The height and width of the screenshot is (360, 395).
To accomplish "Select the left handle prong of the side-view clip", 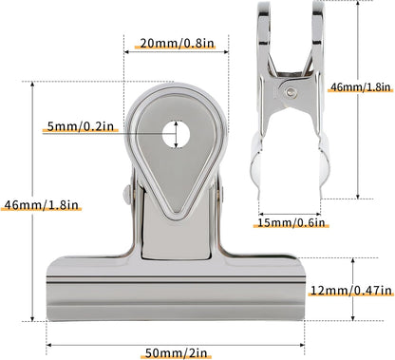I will tap(267, 33).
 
